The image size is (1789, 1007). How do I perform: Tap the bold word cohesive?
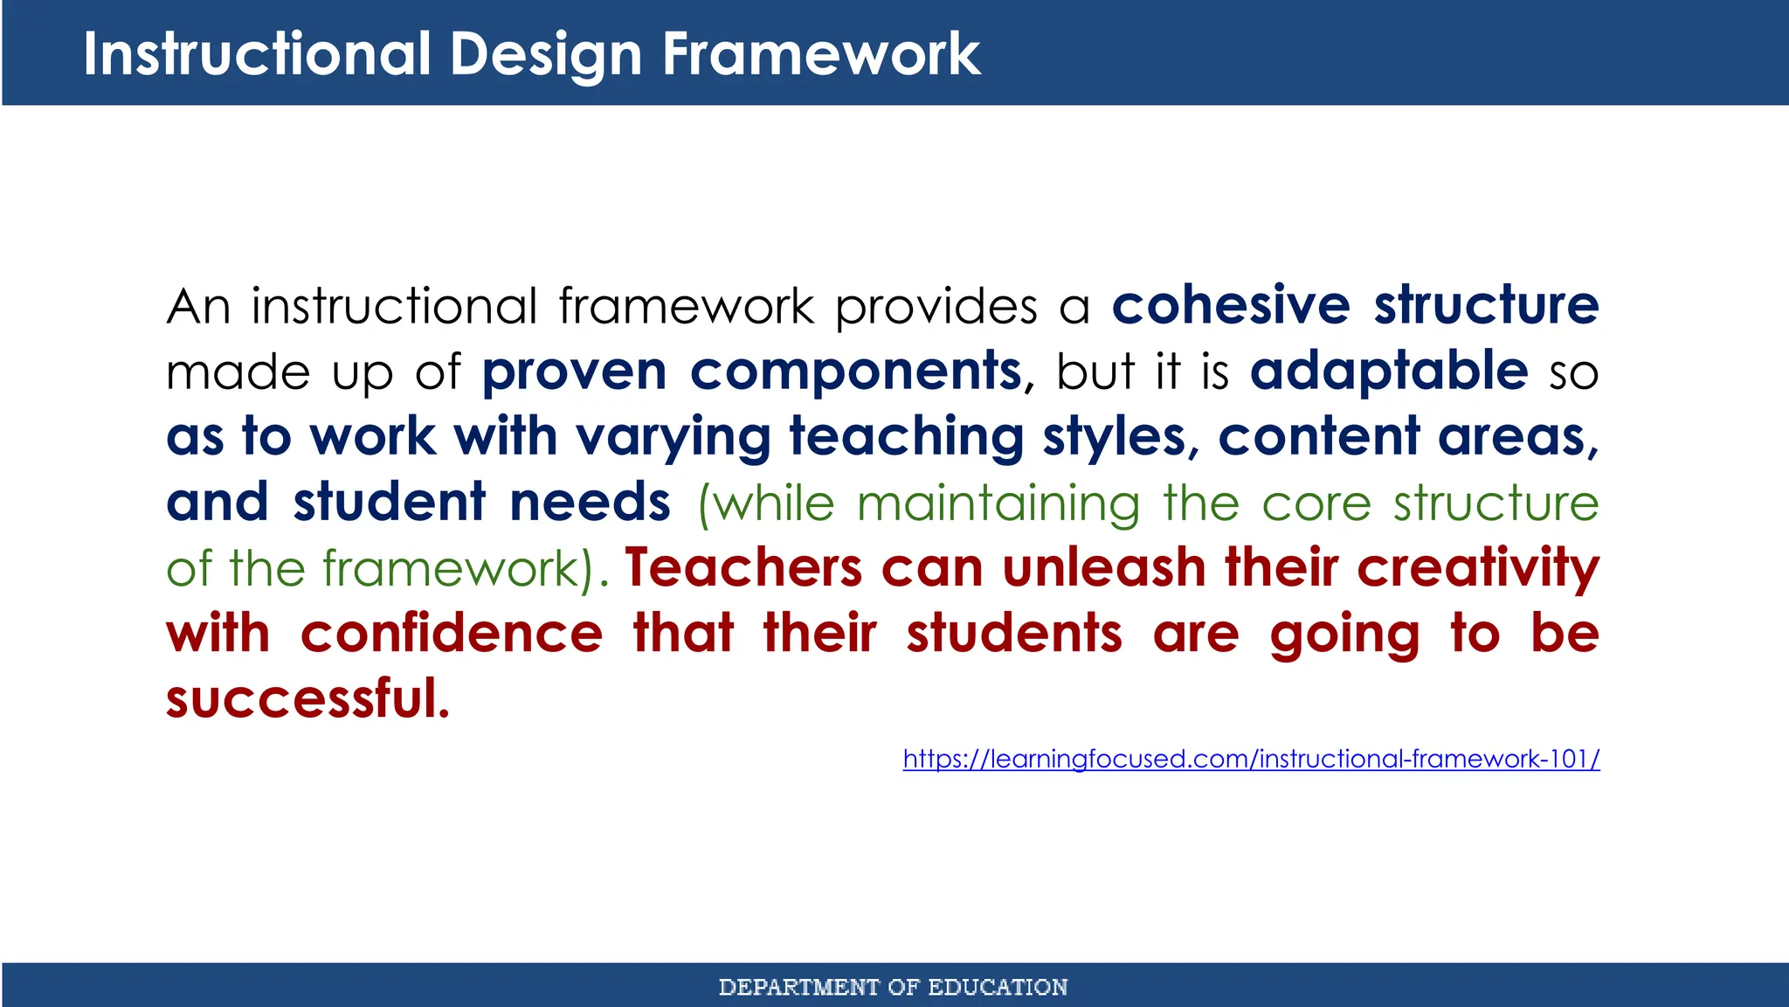(1230, 305)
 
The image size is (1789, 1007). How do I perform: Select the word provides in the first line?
(936, 307)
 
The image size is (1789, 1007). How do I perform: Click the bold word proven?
(574, 372)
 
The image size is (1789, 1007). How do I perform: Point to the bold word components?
(855, 372)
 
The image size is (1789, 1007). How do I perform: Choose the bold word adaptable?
(1388, 371)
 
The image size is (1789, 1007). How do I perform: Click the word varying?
(673, 437)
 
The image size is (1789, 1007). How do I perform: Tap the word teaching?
(906, 437)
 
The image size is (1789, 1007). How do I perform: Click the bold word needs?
(590, 503)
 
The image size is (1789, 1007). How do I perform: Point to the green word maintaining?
(998, 503)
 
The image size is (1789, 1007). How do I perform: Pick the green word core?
(1316, 503)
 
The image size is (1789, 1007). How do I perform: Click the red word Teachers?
(743, 568)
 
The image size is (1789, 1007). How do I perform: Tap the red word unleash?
(1103, 568)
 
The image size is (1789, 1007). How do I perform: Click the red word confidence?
(451, 634)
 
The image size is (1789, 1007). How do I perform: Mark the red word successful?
(307, 699)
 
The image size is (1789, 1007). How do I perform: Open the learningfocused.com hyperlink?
(1251, 759)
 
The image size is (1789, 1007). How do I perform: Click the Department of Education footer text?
(893, 987)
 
